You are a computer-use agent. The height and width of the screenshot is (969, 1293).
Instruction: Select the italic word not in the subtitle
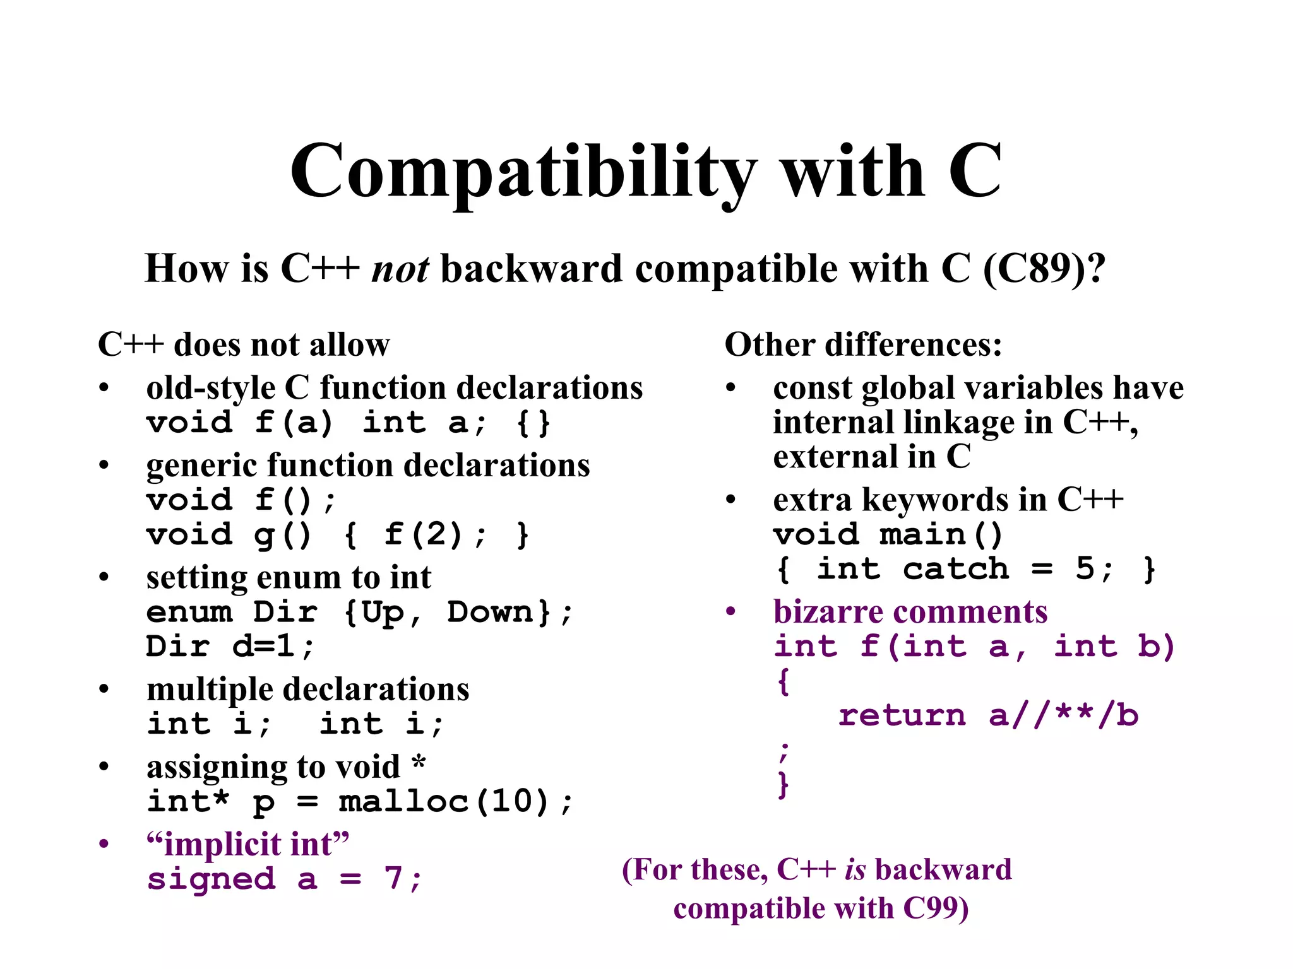click(400, 269)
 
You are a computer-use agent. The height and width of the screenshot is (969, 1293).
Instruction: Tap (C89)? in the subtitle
click(1044, 269)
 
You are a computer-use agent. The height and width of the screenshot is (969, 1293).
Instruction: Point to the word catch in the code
click(955, 569)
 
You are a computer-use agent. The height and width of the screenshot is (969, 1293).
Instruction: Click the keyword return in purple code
click(902, 715)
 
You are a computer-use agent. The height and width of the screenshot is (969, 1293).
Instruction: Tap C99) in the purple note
click(936, 909)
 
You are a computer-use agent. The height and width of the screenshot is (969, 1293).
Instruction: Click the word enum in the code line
click(189, 613)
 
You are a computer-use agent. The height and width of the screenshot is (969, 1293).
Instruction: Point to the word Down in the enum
click(491, 613)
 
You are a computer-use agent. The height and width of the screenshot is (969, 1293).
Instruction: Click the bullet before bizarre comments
click(731, 611)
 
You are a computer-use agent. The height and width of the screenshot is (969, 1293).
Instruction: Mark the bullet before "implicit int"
click(104, 844)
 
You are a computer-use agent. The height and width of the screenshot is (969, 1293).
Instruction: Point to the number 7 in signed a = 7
click(394, 878)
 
